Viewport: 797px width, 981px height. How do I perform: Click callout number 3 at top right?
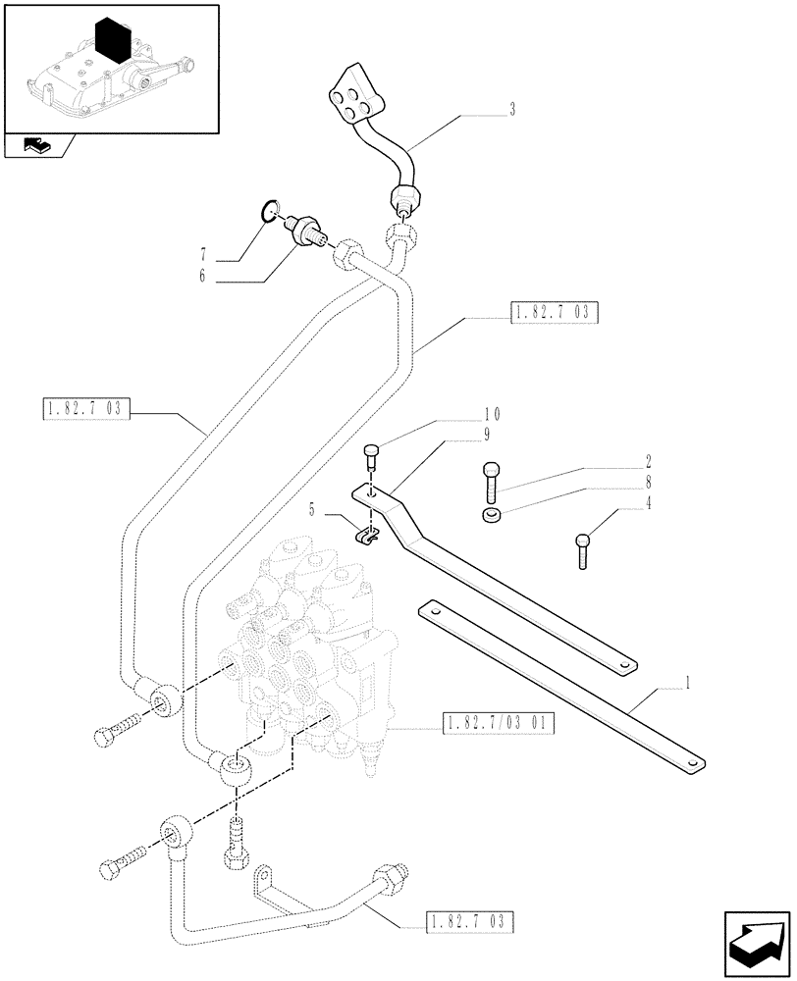[x=512, y=110]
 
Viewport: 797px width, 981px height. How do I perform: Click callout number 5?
[x=312, y=509]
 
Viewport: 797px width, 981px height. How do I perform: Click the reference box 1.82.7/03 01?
[x=499, y=725]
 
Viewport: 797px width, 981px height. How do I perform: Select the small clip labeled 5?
[x=365, y=535]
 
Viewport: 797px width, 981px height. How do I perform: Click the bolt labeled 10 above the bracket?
[x=370, y=457]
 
